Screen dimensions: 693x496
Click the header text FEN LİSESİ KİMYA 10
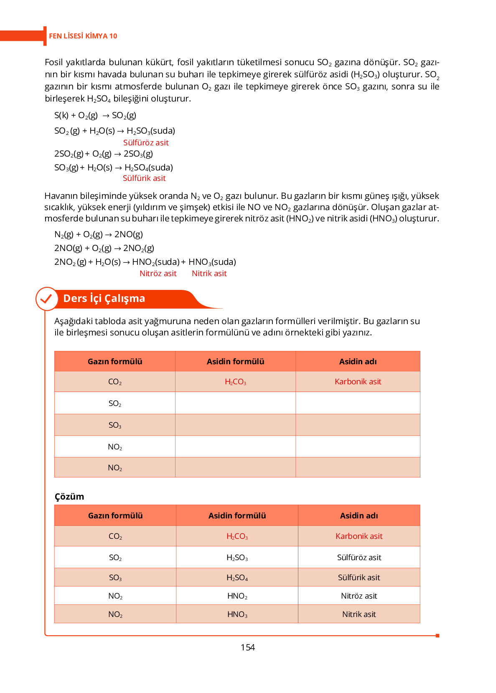tap(83, 36)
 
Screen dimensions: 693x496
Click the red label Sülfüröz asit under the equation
tap(146, 143)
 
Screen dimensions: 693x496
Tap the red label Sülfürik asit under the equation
tap(144, 178)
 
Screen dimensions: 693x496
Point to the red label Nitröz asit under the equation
tap(158, 274)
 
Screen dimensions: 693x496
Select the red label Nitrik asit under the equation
tap(209, 274)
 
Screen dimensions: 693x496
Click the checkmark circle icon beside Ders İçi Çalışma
tap(46, 299)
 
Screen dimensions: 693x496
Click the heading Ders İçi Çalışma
tap(104, 299)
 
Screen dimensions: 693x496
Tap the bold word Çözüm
tap(69, 497)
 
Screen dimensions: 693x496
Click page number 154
tap(248, 647)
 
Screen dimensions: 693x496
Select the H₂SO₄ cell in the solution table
tap(237, 578)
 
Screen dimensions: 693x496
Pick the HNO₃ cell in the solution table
tap(237, 614)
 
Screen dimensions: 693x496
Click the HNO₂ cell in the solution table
tap(237, 596)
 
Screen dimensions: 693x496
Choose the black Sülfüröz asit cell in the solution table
tap(359, 558)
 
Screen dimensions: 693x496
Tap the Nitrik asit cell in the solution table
tap(359, 614)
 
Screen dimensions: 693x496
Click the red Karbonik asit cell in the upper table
tap(358, 382)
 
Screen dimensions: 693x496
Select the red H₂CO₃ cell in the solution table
tap(237, 536)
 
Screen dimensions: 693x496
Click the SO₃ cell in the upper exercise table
tap(115, 425)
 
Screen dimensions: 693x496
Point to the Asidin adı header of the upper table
tap(358, 362)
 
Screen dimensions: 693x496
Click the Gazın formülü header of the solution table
tap(115, 516)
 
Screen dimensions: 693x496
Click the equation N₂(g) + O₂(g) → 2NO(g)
tap(99, 235)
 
